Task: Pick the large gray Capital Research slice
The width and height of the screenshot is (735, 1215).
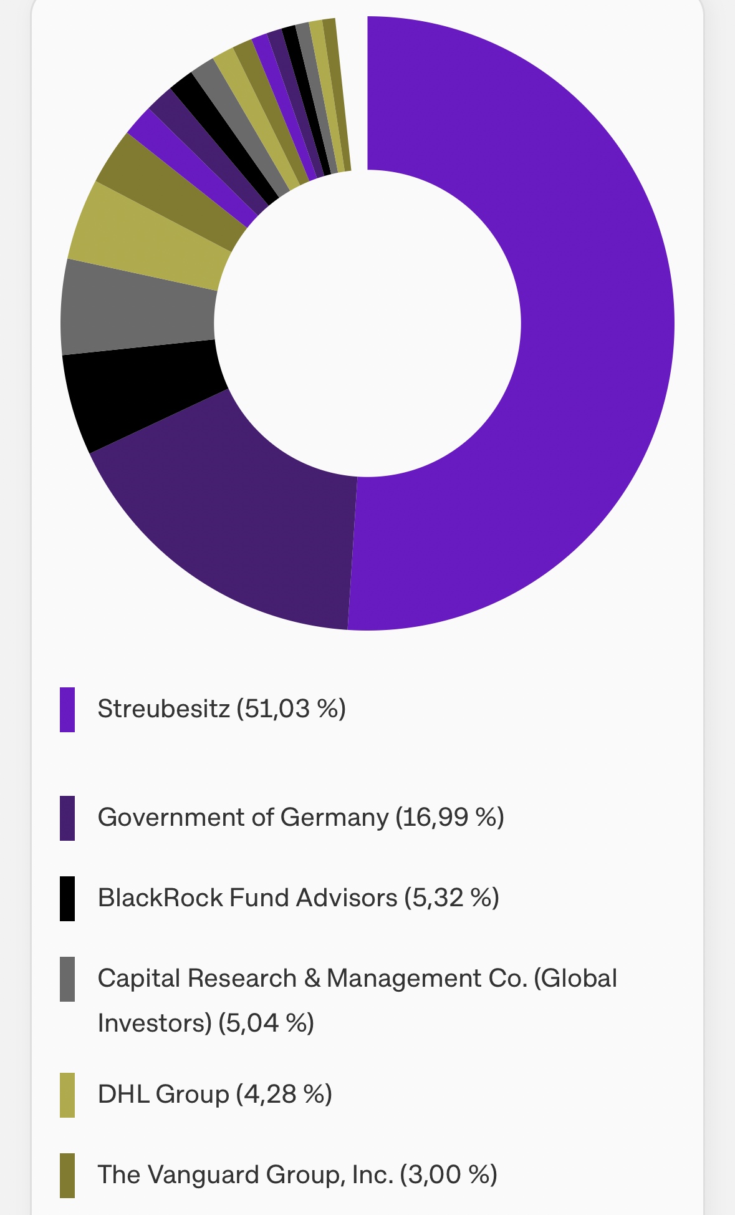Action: click(137, 309)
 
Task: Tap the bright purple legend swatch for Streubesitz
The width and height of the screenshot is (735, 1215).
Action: click(67, 709)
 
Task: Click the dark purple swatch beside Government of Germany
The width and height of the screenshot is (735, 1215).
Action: click(67, 818)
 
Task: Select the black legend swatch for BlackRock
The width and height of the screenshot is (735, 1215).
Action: click(67, 898)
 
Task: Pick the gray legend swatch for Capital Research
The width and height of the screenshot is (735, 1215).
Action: click(67, 979)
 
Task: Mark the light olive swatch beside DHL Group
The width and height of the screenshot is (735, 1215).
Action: click(67, 1095)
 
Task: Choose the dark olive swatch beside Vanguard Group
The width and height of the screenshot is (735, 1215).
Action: click(67, 1175)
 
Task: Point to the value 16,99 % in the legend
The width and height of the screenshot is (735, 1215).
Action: click(449, 818)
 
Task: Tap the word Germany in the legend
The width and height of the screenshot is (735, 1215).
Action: click(334, 818)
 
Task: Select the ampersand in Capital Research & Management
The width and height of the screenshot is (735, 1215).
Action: click(312, 979)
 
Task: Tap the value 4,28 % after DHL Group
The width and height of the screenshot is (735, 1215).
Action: click(284, 1095)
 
